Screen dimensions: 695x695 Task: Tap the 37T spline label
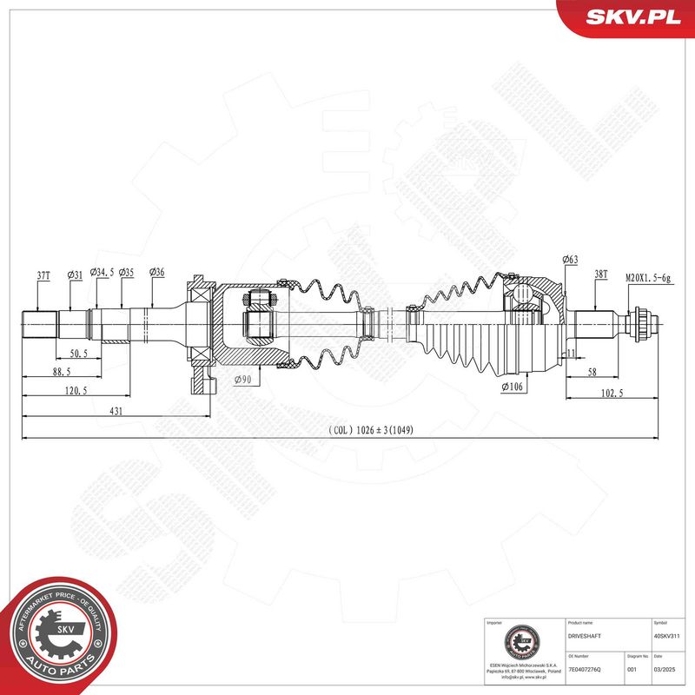(43, 275)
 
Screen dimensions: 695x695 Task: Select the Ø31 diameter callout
(74, 275)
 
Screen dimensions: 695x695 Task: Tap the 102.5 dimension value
(611, 393)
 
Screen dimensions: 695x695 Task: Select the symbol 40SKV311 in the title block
(668, 636)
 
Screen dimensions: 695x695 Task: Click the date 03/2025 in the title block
(664, 669)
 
